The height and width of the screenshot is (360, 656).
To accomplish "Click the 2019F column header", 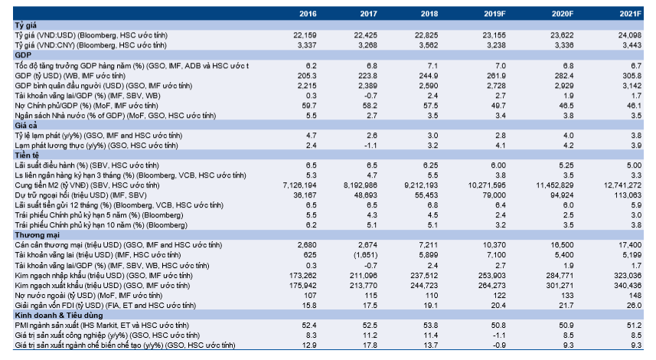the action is tap(494, 14).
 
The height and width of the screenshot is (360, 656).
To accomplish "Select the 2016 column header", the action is tap(308, 14).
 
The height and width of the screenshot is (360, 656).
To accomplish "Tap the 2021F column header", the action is tap(630, 14).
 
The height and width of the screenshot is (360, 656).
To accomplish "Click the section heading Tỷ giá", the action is tap(25, 25).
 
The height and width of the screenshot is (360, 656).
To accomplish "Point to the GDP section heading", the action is tap(23, 55).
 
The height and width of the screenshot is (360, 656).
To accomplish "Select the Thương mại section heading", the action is tap(37, 235).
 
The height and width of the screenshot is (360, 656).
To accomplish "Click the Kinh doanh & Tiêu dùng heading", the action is tap(59, 316).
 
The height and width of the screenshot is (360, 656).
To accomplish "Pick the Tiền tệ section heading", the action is tap(27, 155).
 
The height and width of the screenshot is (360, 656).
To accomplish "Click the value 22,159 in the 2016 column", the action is tap(305, 35).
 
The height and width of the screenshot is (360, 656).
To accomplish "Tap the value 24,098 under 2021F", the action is tap(630, 35).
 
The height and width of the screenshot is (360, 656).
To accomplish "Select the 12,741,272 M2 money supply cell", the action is tap(622, 185).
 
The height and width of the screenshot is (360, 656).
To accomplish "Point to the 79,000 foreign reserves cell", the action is tap(494, 195).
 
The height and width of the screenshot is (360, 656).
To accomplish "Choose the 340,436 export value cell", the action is tap(628, 286).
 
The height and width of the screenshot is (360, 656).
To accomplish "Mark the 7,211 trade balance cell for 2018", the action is tap(429, 245).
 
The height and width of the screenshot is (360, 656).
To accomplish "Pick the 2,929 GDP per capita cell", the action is tap(564, 85).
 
